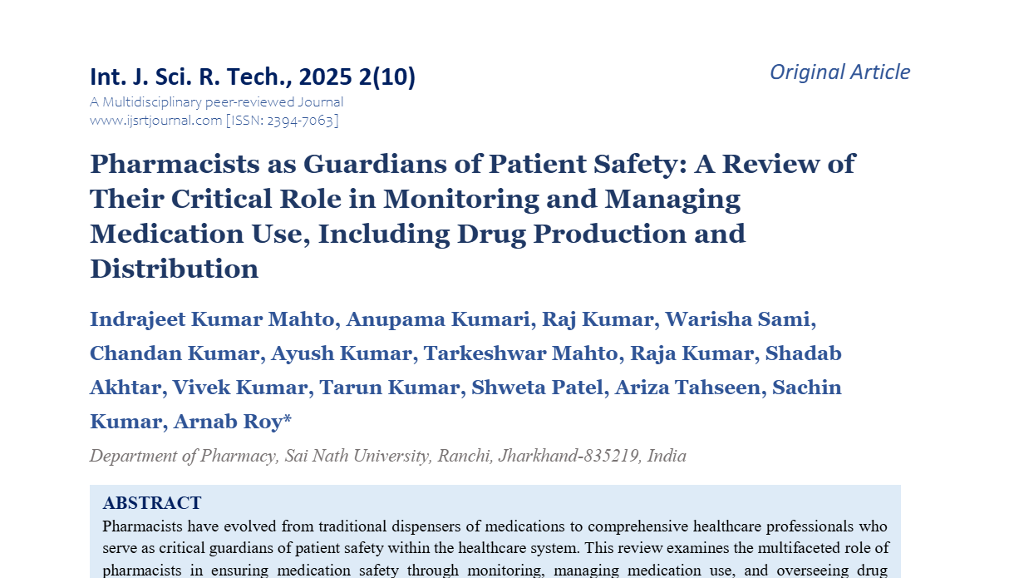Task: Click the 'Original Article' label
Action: (839, 72)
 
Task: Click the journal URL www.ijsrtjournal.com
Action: (155, 121)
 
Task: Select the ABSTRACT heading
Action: (152, 503)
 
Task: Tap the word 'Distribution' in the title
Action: (174, 269)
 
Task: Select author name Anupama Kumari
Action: (439, 319)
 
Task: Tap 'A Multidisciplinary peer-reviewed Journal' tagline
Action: (216, 102)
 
